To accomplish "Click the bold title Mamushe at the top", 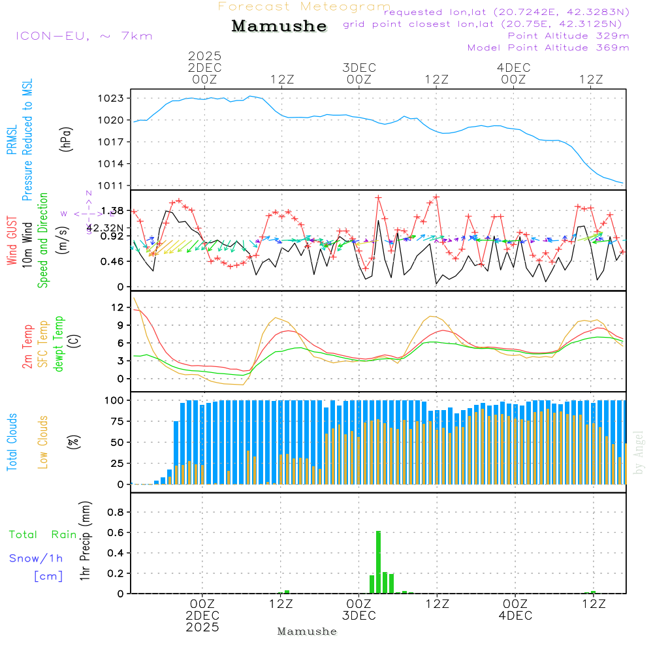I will tap(279, 26).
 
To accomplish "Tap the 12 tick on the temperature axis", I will tap(118, 307).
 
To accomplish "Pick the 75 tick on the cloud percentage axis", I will tap(116, 421).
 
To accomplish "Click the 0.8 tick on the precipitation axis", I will tap(116, 513).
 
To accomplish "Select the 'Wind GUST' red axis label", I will tap(12, 242).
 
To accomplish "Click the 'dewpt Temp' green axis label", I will tap(59, 344).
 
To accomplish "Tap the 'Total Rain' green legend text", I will tap(43, 535).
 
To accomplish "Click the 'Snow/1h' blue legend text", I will tap(36, 558).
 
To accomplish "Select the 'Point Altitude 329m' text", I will tap(568, 36).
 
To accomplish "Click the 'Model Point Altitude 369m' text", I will tap(549, 48).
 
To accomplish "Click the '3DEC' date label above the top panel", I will tap(358, 68).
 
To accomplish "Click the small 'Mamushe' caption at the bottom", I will tap(307, 631).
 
